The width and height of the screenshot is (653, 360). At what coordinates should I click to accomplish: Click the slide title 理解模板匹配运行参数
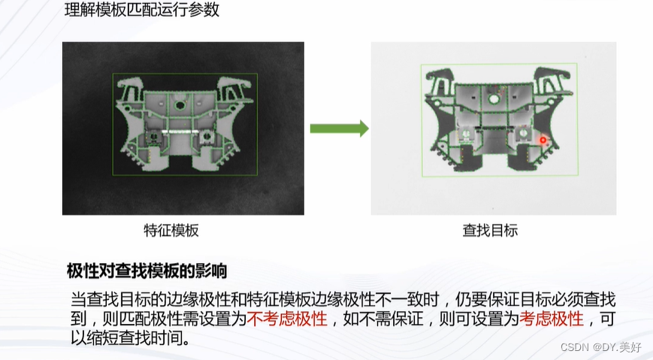pyautogui.click(x=142, y=11)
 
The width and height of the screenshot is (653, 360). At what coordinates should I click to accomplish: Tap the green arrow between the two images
pyautogui.click(x=339, y=129)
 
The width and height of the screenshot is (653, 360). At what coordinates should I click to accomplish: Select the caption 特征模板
pyautogui.click(x=171, y=231)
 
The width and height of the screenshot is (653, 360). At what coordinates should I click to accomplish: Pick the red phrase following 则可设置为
pyautogui.click(x=552, y=319)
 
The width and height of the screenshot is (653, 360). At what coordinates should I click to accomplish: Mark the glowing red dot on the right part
pyautogui.click(x=543, y=139)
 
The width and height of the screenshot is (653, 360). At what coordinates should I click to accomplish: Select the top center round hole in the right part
pyautogui.click(x=492, y=97)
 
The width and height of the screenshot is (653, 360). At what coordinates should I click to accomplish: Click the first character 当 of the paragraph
pyautogui.click(x=77, y=298)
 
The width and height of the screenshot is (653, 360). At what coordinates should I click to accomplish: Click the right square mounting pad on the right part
pyautogui.click(x=521, y=134)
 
